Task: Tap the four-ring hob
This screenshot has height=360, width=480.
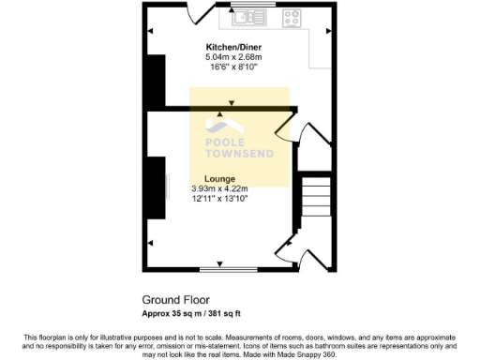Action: [x=291, y=16]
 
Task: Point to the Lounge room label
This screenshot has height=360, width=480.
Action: [x=218, y=177]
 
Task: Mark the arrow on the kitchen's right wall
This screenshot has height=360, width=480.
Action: [x=328, y=32]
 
